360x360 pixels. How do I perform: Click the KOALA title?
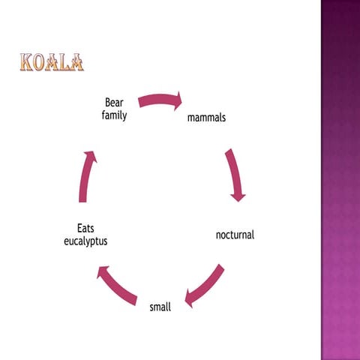coord(51,62)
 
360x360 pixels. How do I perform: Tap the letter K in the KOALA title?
coord(28,62)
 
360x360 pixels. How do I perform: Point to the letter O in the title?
coord(40,62)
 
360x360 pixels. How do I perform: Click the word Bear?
coord(114,102)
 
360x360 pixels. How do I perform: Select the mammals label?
coord(206,118)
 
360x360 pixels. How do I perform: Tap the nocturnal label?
coord(235,235)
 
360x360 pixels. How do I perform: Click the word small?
coord(160,306)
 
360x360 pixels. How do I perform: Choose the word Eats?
coord(85,228)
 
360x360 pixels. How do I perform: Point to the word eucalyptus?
coord(85,241)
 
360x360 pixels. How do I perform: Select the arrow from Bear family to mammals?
coord(160,100)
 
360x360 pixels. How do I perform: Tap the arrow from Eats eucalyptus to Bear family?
coord(86,175)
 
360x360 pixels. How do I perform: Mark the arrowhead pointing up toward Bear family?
coord(90,156)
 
